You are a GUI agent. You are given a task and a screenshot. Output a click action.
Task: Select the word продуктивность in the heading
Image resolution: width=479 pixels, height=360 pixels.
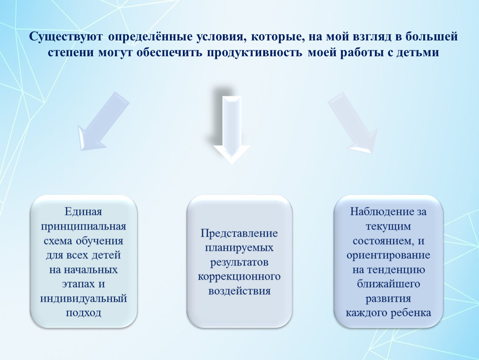point(254,52)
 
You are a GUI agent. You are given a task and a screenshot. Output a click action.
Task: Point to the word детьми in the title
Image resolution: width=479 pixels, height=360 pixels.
point(418,52)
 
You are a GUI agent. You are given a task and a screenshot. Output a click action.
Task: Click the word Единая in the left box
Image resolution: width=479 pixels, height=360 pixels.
point(83,212)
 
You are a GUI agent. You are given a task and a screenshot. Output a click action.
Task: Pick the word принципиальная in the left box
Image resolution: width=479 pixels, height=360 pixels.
point(83,227)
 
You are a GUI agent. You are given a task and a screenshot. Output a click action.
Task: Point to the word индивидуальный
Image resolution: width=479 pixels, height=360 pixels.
point(83,299)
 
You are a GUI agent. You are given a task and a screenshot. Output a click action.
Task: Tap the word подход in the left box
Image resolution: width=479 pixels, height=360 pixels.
point(83,312)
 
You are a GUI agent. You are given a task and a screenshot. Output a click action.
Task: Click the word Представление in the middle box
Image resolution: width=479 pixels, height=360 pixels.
point(239,233)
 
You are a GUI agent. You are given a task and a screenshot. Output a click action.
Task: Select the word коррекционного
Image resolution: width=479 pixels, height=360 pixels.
point(239,277)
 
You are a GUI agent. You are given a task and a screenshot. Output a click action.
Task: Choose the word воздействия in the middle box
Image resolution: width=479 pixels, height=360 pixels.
point(239,291)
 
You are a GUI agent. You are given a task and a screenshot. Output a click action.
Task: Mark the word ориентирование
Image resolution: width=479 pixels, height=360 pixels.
point(388,255)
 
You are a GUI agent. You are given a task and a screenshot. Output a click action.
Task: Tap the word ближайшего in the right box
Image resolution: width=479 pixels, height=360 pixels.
point(388,284)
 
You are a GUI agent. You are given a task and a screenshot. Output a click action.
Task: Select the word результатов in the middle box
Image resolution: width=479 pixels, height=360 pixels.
point(239,262)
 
